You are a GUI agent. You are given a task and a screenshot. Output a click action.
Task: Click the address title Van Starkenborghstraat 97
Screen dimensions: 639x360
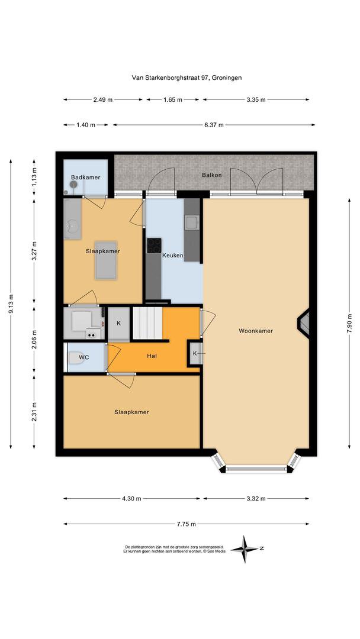click(x=187, y=77)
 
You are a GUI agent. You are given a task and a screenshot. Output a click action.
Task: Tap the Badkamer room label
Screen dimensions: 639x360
click(x=85, y=177)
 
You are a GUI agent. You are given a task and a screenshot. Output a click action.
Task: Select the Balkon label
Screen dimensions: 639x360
click(x=211, y=175)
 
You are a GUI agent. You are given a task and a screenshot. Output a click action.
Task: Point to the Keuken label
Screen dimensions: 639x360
click(x=173, y=256)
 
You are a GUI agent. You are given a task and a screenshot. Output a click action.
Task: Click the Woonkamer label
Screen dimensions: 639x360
click(x=256, y=331)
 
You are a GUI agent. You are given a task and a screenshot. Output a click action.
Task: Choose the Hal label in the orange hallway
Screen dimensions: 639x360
click(x=152, y=356)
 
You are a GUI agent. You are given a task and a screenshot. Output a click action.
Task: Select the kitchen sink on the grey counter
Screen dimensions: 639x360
click(x=192, y=222)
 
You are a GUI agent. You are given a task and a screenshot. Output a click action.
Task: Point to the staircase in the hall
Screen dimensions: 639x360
click(x=146, y=324)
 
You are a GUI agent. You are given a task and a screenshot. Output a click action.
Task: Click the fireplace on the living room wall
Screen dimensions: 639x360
click(x=304, y=324)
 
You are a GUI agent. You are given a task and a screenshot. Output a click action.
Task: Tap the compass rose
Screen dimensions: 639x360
click(x=244, y=549)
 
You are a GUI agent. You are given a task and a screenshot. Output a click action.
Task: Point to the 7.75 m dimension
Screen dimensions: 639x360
click(x=186, y=524)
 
